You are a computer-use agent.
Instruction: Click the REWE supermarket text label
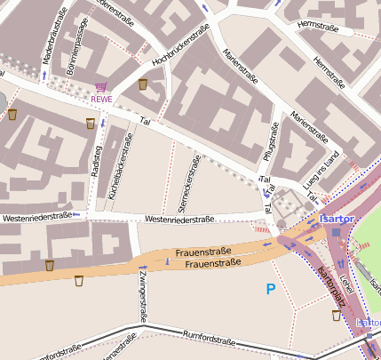pyautogui.click(x=101, y=100)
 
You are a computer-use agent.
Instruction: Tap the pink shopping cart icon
pyautogui.click(x=101, y=88)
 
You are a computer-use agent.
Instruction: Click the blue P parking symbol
pyautogui.click(x=271, y=289)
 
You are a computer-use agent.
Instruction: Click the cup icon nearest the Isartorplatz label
pyautogui.click(x=336, y=315)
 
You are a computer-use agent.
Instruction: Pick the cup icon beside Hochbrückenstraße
pyautogui.click(x=143, y=84)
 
